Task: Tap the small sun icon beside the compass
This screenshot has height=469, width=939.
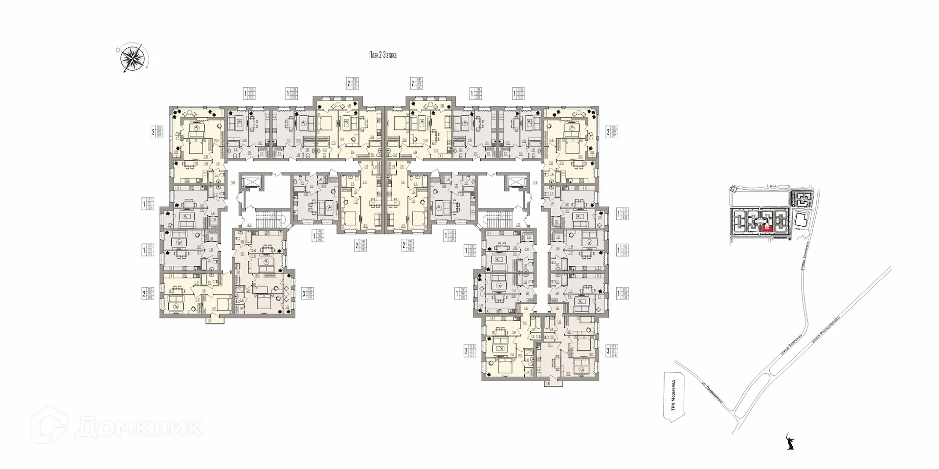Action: pyautogui.click(x=117, y=49)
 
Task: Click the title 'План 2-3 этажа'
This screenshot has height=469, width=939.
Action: pyautogui.click(x=382, y=56)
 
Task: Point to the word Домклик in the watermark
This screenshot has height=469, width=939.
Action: pyautogui.click(x=139, y=428)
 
